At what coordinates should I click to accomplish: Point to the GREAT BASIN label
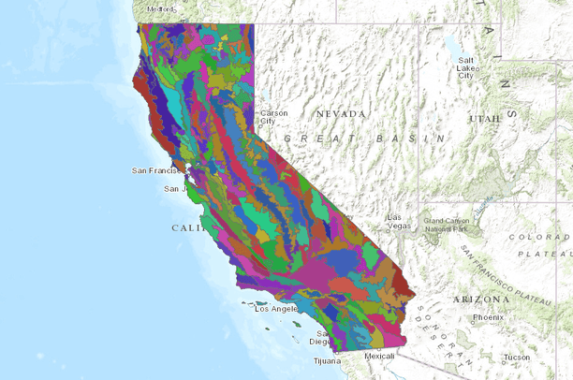coord(357,138)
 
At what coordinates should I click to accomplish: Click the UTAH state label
coord(485,119)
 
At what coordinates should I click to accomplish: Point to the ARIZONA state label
coord(479,299)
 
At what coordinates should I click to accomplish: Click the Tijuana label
coord(327,360)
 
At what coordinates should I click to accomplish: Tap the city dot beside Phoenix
coord(469,318)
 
